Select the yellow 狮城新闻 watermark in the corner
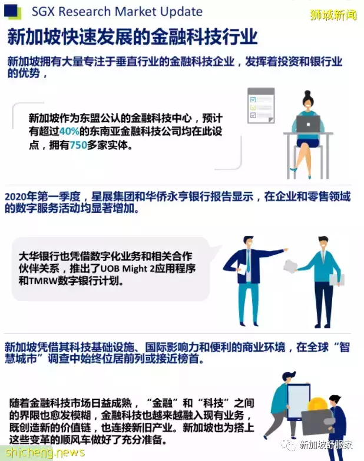click(x=333, y=14)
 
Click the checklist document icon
click(x=261, y=105)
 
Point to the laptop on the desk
click(x=308, y=125)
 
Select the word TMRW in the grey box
click(x=46, y=281)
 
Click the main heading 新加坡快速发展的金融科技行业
click(x=133, y=38)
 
